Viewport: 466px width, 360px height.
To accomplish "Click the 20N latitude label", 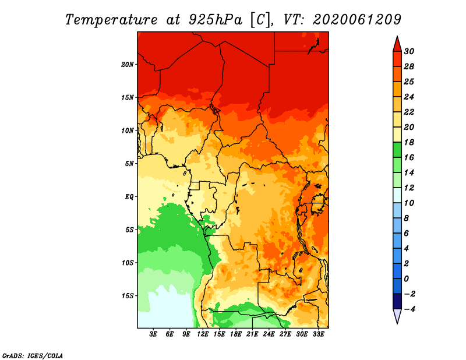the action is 127,65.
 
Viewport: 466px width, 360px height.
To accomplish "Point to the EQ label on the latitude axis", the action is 129,197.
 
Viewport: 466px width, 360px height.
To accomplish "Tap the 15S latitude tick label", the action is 127,296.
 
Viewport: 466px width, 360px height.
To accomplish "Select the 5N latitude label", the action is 129,164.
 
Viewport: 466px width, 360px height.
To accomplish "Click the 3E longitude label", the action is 153,334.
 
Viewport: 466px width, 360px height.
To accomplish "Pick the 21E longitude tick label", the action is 252,334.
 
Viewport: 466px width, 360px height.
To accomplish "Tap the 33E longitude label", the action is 318,334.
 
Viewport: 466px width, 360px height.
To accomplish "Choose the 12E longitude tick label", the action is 203,334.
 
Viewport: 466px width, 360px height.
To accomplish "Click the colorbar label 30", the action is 409,51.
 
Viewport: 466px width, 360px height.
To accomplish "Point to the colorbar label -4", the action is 409,309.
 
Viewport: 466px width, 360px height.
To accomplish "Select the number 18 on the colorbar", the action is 409,142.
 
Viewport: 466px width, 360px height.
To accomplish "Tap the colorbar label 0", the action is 406,279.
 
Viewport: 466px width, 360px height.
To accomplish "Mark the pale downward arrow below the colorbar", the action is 397,315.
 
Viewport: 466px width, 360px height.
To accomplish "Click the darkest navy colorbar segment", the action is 397,301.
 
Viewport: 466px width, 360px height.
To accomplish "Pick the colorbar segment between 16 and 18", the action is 397,150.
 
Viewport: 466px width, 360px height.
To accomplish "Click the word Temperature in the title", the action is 111,20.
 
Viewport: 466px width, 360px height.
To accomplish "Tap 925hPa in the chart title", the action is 215,20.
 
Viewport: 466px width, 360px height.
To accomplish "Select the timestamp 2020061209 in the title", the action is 357,20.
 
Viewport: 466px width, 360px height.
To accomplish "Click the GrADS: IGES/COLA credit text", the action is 33,356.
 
